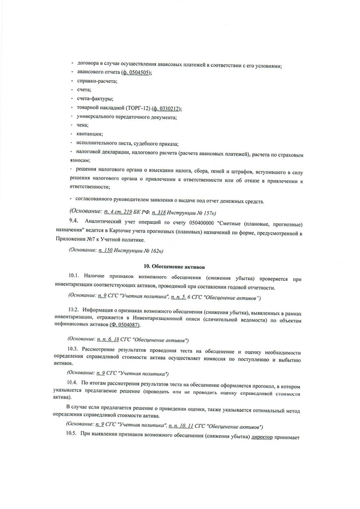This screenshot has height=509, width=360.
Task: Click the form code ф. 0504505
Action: (136, 73)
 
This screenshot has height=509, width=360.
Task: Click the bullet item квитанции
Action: (89, 134)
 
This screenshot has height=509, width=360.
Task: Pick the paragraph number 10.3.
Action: (74, 349)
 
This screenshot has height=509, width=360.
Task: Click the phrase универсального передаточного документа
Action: (126, 116)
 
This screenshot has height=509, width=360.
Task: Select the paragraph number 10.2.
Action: (74, 310)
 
